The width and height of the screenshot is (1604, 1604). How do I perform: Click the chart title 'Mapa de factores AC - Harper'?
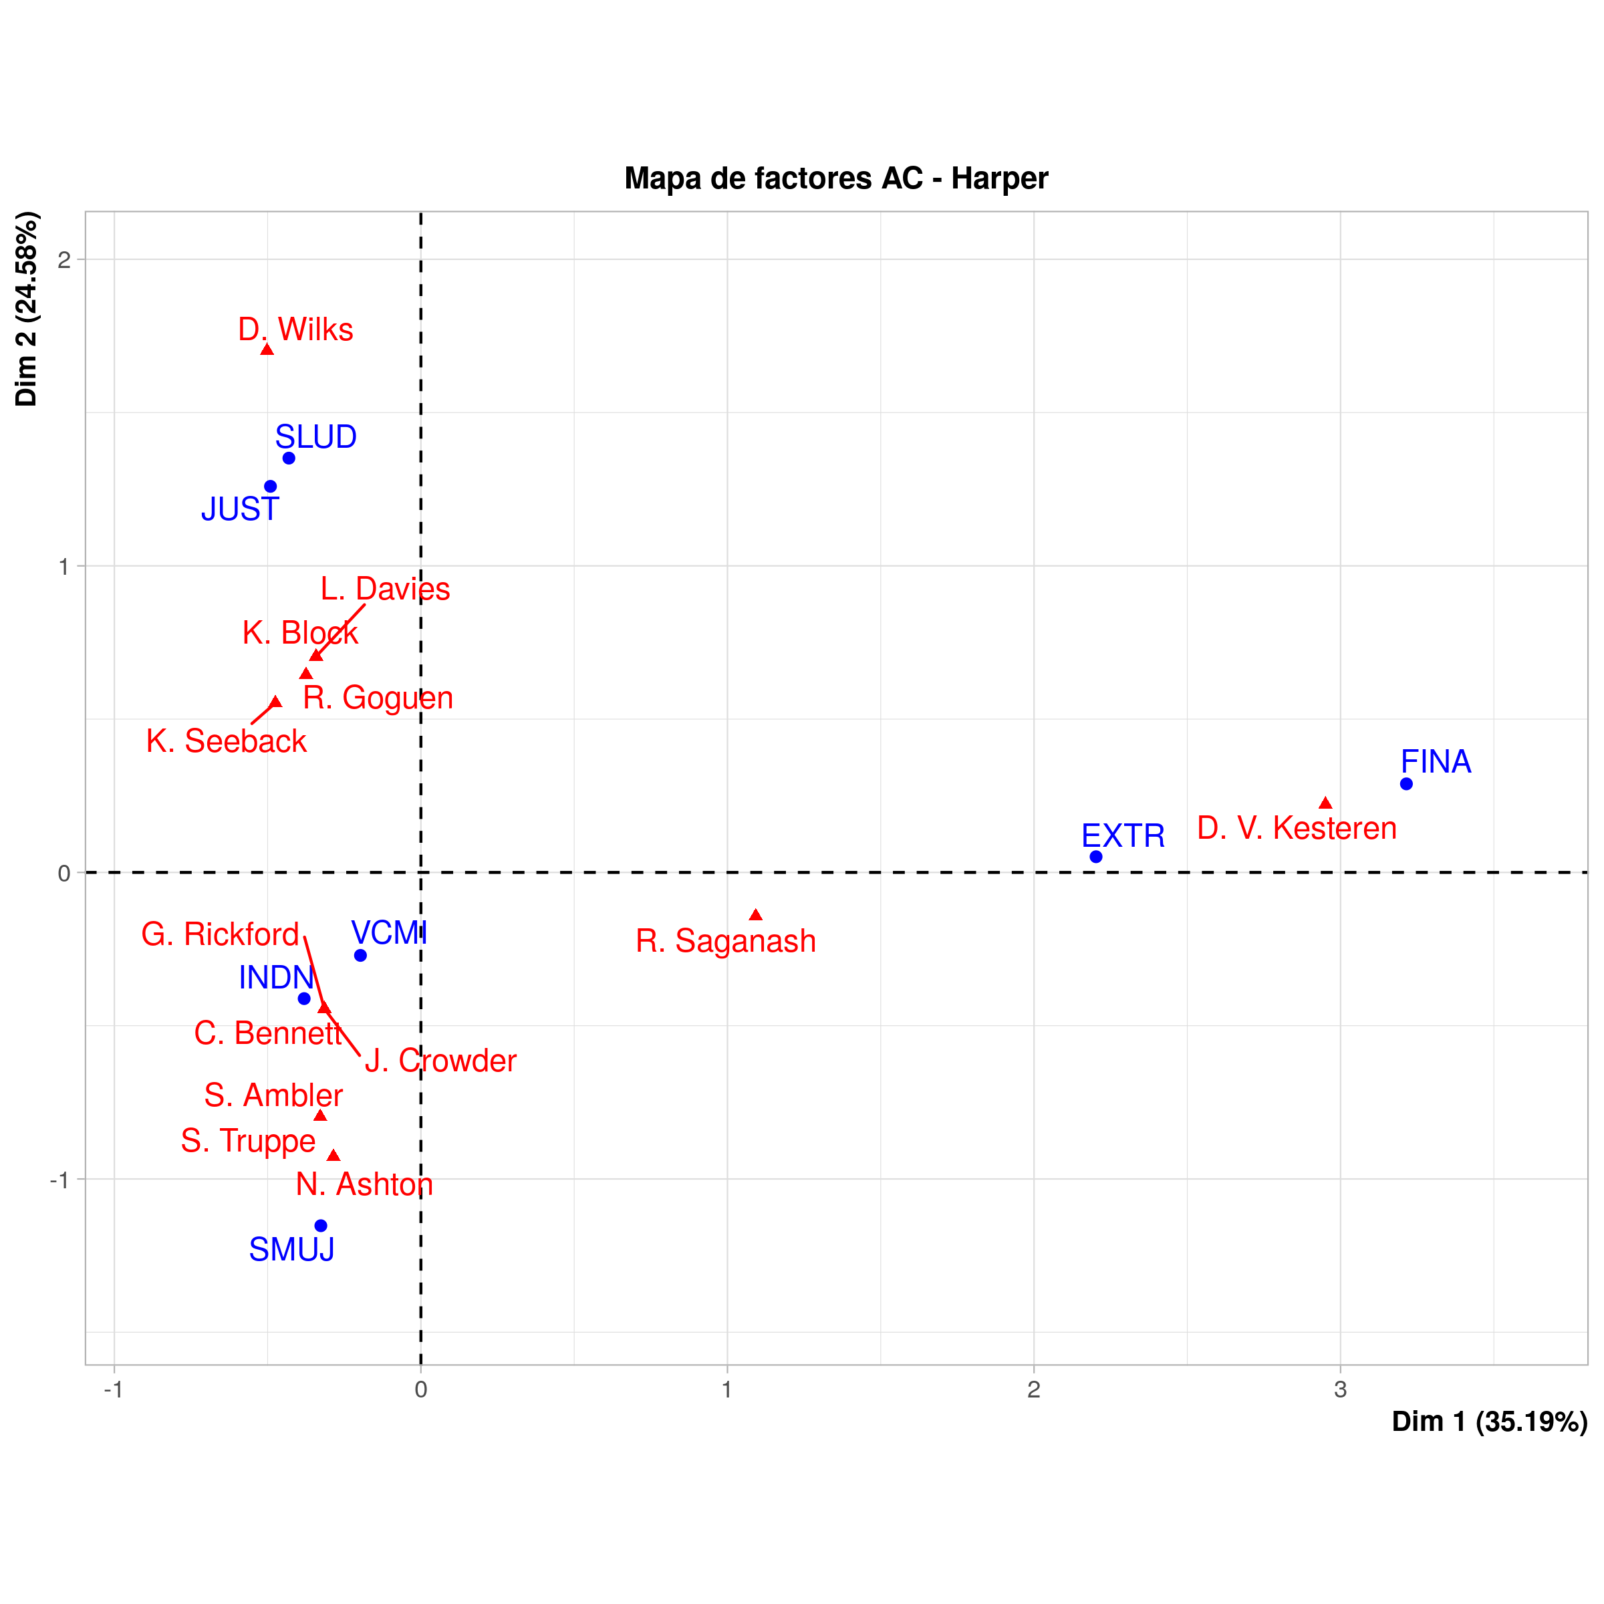click(836, 178)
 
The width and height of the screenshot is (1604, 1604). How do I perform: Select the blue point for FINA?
click(1406, 784)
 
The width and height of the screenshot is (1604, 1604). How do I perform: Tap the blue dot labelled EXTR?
click(1096, 857)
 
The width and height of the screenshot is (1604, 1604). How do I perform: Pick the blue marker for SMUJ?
click(321, 1226)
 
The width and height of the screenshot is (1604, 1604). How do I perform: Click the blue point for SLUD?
click(289, 458)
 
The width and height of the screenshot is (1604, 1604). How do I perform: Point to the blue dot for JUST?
click(271, 487)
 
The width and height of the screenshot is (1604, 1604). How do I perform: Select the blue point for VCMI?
click(360, 956)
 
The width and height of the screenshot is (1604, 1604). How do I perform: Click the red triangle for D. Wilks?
click(267, 350)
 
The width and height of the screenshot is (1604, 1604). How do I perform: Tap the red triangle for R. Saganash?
click(755, 915)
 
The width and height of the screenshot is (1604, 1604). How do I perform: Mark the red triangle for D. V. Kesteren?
click(1325, 803)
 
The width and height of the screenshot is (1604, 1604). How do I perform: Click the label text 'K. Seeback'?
click(226, 741)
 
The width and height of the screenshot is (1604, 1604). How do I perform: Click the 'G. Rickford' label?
click(220, 935)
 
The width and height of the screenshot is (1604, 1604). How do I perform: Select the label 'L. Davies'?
click(385, 589)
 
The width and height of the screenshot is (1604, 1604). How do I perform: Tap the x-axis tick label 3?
click(1340, 1390)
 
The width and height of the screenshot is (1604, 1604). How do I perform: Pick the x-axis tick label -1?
click(113, 1390)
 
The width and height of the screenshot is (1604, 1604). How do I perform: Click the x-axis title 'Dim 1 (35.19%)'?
click(1490, 1422)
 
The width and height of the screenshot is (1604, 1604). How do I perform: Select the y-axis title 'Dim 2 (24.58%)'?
click(27, 309)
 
